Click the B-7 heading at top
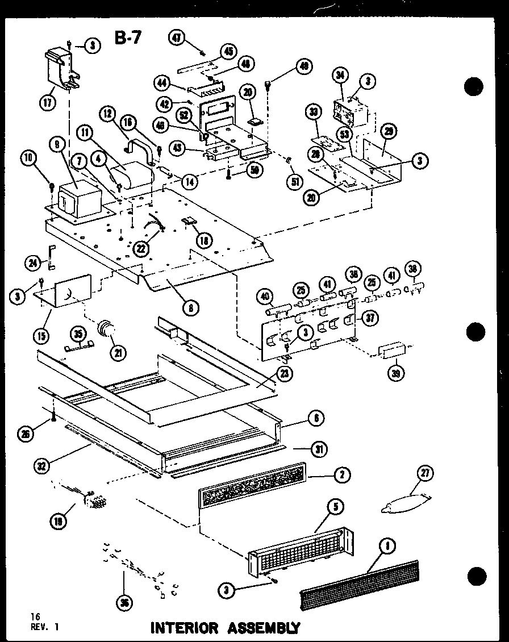click(x=129, y=39)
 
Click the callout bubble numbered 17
click(x=47, y=103)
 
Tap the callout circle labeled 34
click(x=340, y=75)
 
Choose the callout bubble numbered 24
click(x=32, y=262)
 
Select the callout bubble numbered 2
click(x=341, y=476)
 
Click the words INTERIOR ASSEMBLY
click(x=224, y=628)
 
